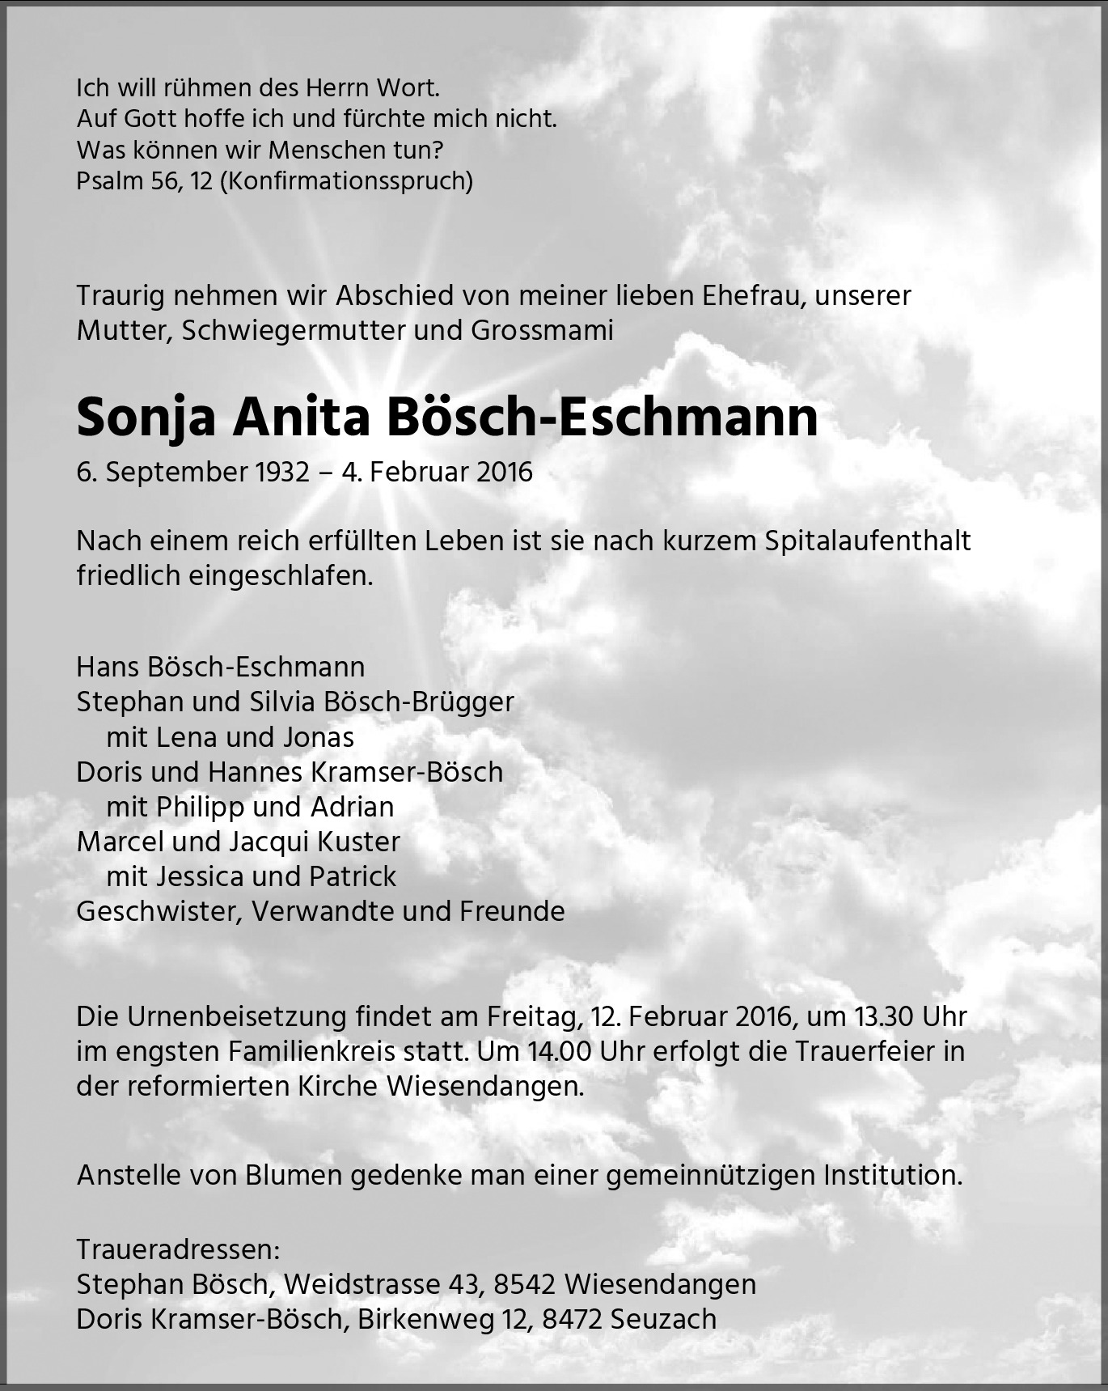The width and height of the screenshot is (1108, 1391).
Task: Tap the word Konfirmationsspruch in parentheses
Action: (345, 180)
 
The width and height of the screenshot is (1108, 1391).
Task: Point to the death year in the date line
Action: (504, 473)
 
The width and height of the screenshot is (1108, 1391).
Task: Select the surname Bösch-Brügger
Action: (418, 702)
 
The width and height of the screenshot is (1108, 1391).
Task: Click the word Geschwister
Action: (159, 911)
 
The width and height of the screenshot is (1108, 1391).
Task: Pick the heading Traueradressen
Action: (178, 1250)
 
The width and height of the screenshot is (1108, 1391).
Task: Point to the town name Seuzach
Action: (664, 1320)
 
